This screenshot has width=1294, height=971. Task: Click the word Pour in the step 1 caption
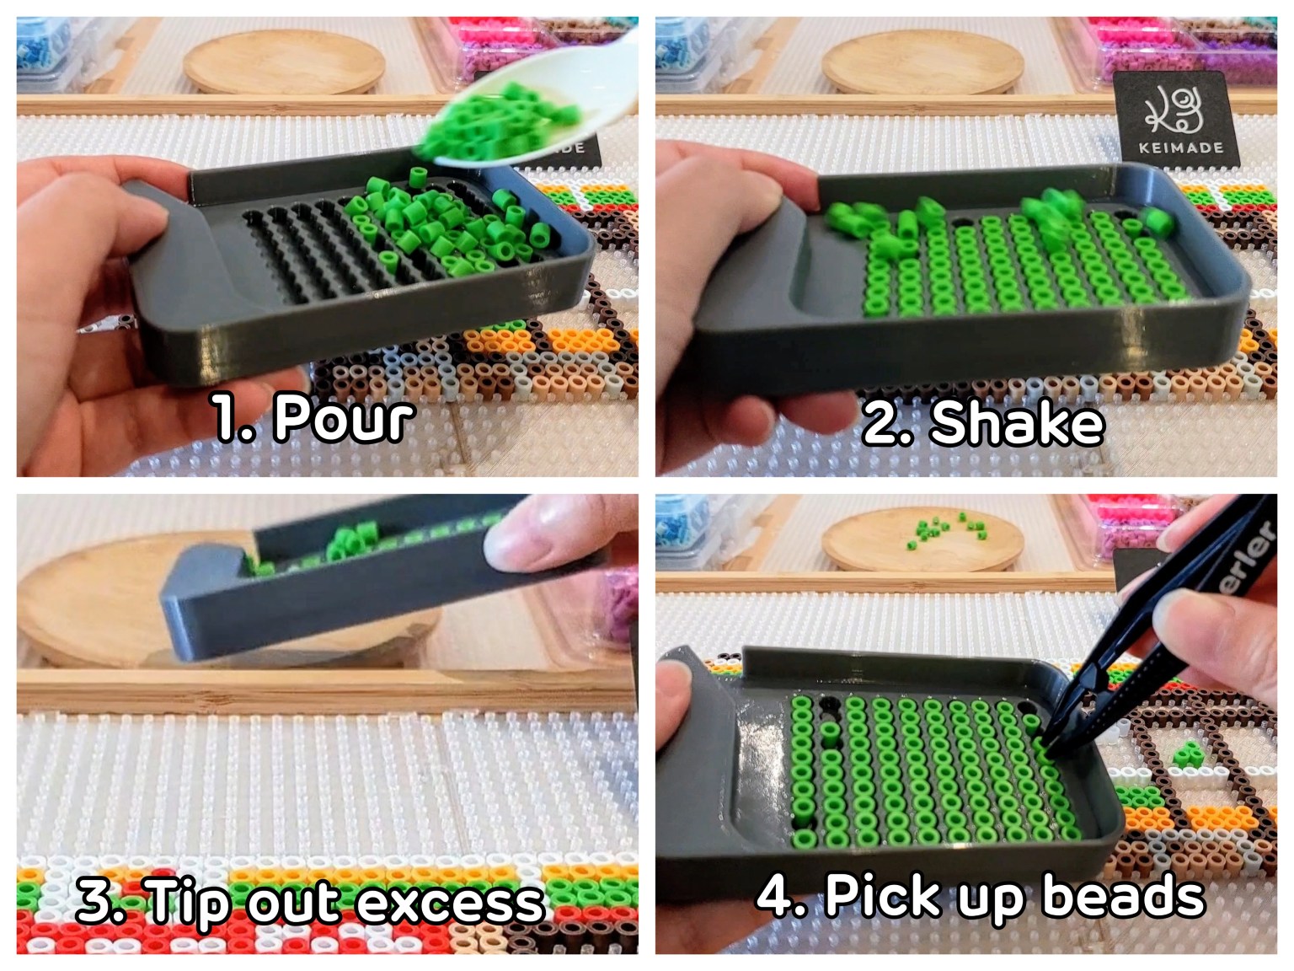pyautogui.click(x=344, y=417)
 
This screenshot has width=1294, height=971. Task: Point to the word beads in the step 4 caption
pyautogui.click(x=1124, y=895)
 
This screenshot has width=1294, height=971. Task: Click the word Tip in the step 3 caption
pyautogui.click(x=187, y=902)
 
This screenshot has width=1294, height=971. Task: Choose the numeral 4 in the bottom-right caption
pyautogui.click(x=773, y=895)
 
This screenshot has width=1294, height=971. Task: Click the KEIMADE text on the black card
pyautogui.click(x=1180, y=148)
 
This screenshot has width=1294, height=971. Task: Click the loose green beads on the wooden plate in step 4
pyautogui.click(x=946, y=531)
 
